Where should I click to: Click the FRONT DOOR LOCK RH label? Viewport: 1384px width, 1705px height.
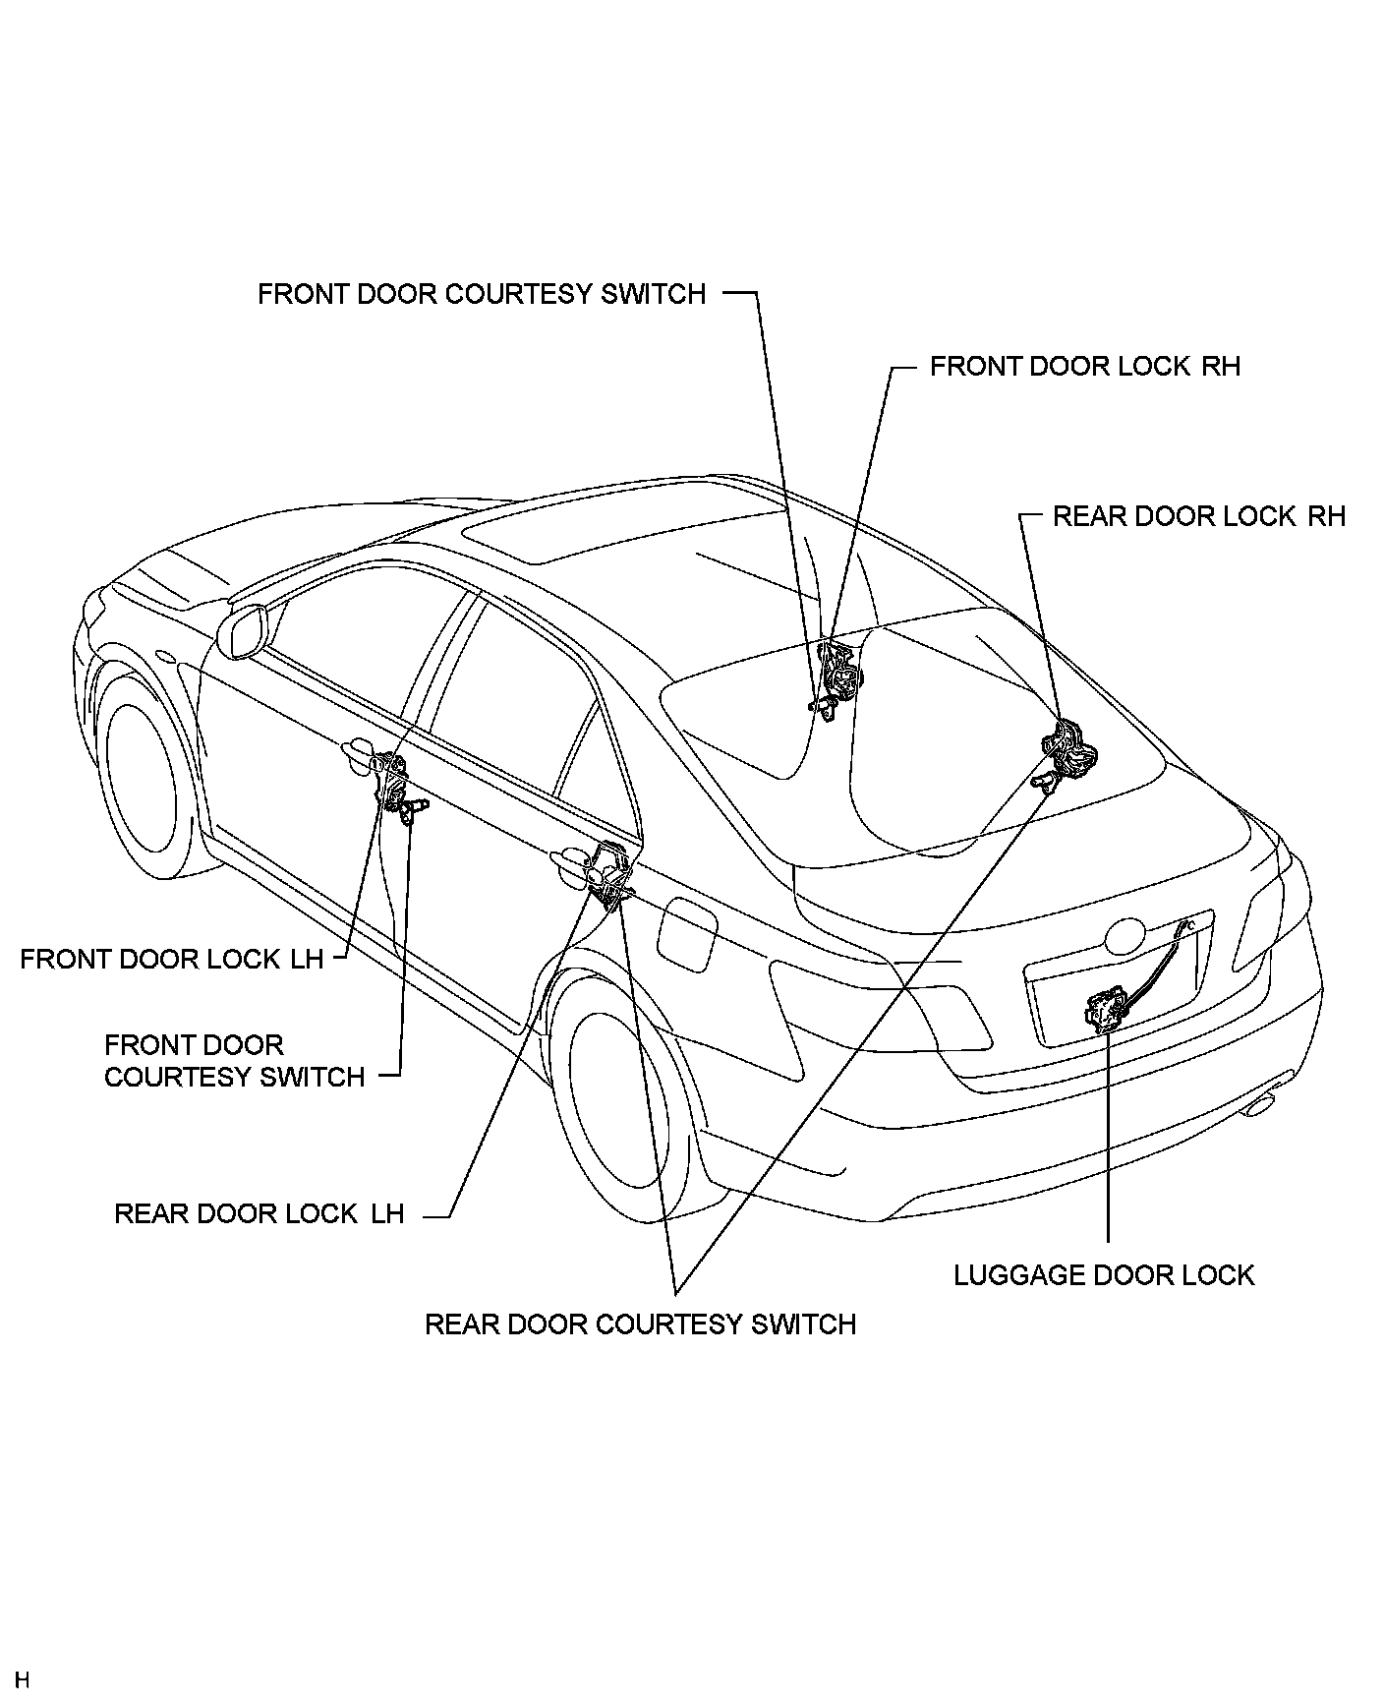(1084, 367)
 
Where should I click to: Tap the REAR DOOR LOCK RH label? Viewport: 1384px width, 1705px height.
(1198, 516)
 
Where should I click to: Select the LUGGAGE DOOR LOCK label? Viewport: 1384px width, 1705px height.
(1104, 1275)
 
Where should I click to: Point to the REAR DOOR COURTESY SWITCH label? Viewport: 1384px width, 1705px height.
(640, 1324)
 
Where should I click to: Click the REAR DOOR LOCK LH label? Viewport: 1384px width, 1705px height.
(259, 1213)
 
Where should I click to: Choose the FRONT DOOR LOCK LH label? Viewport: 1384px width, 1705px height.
(172, 959)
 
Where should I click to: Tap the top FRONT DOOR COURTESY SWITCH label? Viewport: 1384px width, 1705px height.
(482, 294)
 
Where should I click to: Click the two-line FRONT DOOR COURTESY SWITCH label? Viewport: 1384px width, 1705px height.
(234, 1061)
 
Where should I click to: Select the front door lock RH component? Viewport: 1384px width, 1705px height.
(840, 673)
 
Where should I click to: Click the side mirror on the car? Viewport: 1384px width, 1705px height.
(245, 629)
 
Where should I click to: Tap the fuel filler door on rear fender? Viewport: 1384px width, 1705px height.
(687, 934)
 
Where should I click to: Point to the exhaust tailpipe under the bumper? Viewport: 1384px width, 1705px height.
(1261, 1105)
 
